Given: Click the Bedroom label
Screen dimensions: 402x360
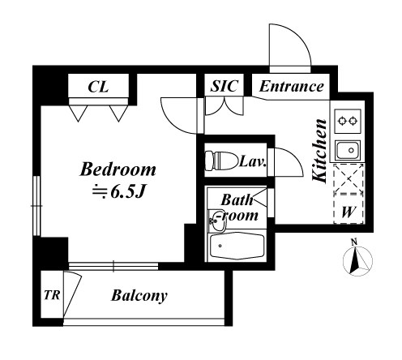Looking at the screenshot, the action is [x=118, y=169].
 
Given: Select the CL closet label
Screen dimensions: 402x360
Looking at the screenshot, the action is [x=98, y=87].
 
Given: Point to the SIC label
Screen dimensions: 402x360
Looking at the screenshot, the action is [x=225, y=86].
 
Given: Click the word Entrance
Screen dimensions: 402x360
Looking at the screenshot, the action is [x=292, y=87].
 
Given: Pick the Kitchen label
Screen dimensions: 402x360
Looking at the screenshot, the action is [x=320, y=150].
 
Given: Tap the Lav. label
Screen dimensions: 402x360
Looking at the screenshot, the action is [x=253, y=161].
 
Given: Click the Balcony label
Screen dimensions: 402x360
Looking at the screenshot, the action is [x=139, y=296].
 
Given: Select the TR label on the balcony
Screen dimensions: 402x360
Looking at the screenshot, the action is [x=52, y=295].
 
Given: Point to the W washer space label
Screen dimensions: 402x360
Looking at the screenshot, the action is [x=348, y=212].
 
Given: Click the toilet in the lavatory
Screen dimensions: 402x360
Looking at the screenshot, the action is [x=220, y=161].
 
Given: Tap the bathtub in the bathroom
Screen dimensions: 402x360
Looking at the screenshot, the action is [x=237, y=246].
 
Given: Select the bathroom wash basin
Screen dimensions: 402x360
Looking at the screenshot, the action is [x=216, y=221].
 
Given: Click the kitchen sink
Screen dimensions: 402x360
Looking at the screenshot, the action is [x=349, y=150].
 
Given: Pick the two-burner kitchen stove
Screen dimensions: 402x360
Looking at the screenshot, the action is [x=348, y=121].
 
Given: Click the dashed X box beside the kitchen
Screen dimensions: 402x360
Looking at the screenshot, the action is [x=349, y=178].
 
